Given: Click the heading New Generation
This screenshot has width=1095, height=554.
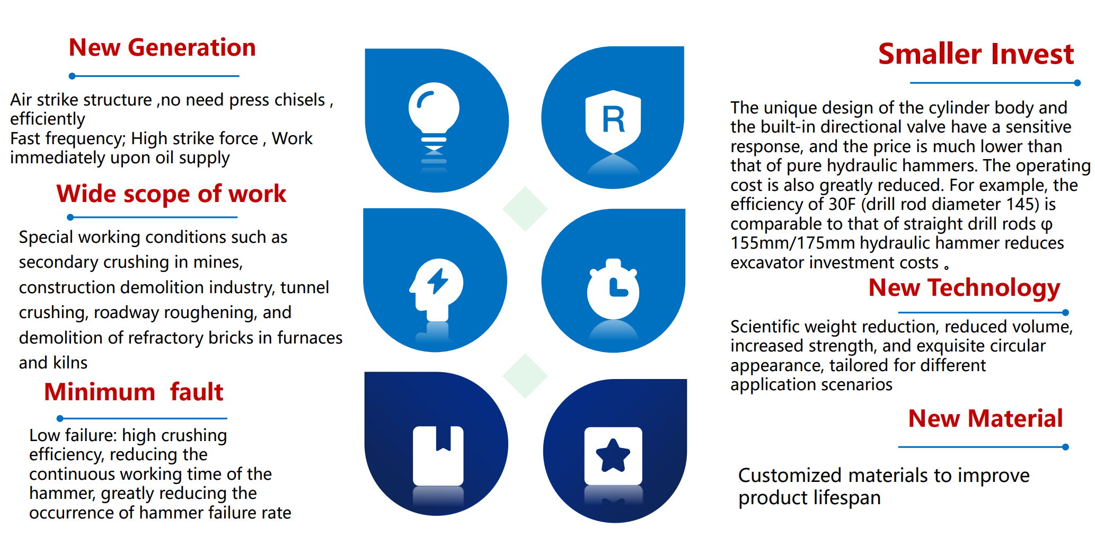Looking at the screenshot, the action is pos(162,48).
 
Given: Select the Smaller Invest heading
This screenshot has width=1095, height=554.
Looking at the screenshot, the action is pos(976,54).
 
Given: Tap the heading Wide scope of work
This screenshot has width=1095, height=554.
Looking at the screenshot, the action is pos(171,194).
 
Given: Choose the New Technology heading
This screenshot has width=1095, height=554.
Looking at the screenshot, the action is pos(964,288).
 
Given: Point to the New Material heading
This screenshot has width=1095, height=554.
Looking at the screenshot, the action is pos(985,418).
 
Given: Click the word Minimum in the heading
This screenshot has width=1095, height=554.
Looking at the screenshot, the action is pos(100,392).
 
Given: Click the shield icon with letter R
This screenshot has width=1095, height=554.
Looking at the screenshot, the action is pos(613,121).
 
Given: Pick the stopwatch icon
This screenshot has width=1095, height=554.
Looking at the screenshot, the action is pos(613,289).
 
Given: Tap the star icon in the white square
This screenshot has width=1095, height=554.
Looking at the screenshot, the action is pos(613,455).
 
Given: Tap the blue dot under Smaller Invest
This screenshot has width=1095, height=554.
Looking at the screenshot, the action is pos(1078,83).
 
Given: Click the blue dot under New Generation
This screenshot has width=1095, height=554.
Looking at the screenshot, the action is pos(72,76).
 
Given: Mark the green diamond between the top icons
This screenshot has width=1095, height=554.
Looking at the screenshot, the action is pos(525,209).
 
